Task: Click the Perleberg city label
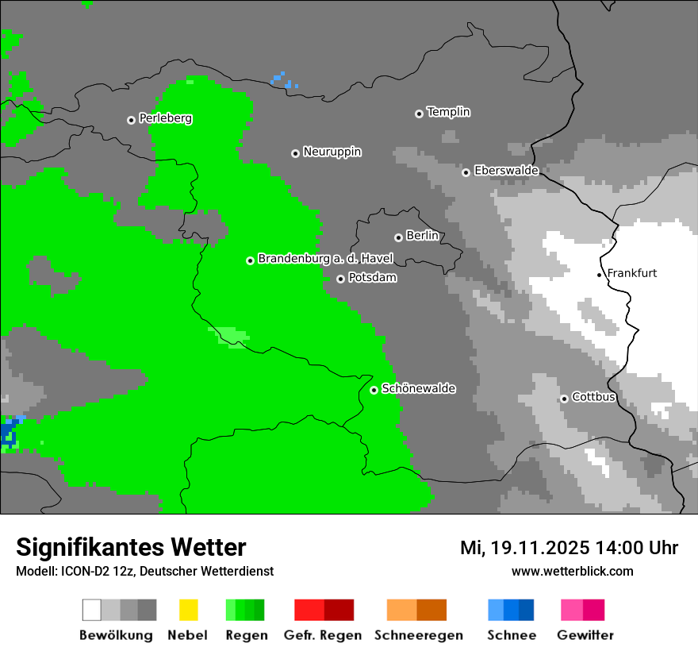pyautogui.click(x=165, y=118)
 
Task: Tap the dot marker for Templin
pyautogui.click(x=419, y=114)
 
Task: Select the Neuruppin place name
pyautogui.click(x=332, y=152)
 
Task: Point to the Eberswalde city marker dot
pyautogui.click(x=466, y=172)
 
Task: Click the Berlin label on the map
pyautogui.click(x=422, y=236)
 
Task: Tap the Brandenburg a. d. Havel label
pyautogui.click(x=325, y=259)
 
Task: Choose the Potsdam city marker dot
pyautogui.click(x=340, y=279)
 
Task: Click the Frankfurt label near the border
pyautogui.click(x=631, y=273)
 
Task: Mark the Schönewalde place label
pyautogui.click(x=418, y=388)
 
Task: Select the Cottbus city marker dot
pyautogui.click(x=564, y=399)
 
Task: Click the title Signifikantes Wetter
pyautogui.click(x=131, y=547)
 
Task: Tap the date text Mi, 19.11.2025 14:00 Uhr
pyautogui.click(x=569, y=548)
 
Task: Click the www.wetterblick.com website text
pyautogui.click(x=572, y=571)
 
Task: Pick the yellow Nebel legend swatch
pyautogui.click(x=188, y=610)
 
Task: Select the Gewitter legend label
pyautogui.click(x=585, y=635)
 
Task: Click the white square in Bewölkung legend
pyautogui.click(x=92, y=610)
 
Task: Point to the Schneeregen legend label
pyautogui.click(x=418, y=635)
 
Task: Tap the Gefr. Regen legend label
pyautogui.click(x=322, y=635)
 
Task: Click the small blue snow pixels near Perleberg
pyautogui.click(x=282, y=79)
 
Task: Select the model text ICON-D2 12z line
pyautogui.click(x=144, y=571)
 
